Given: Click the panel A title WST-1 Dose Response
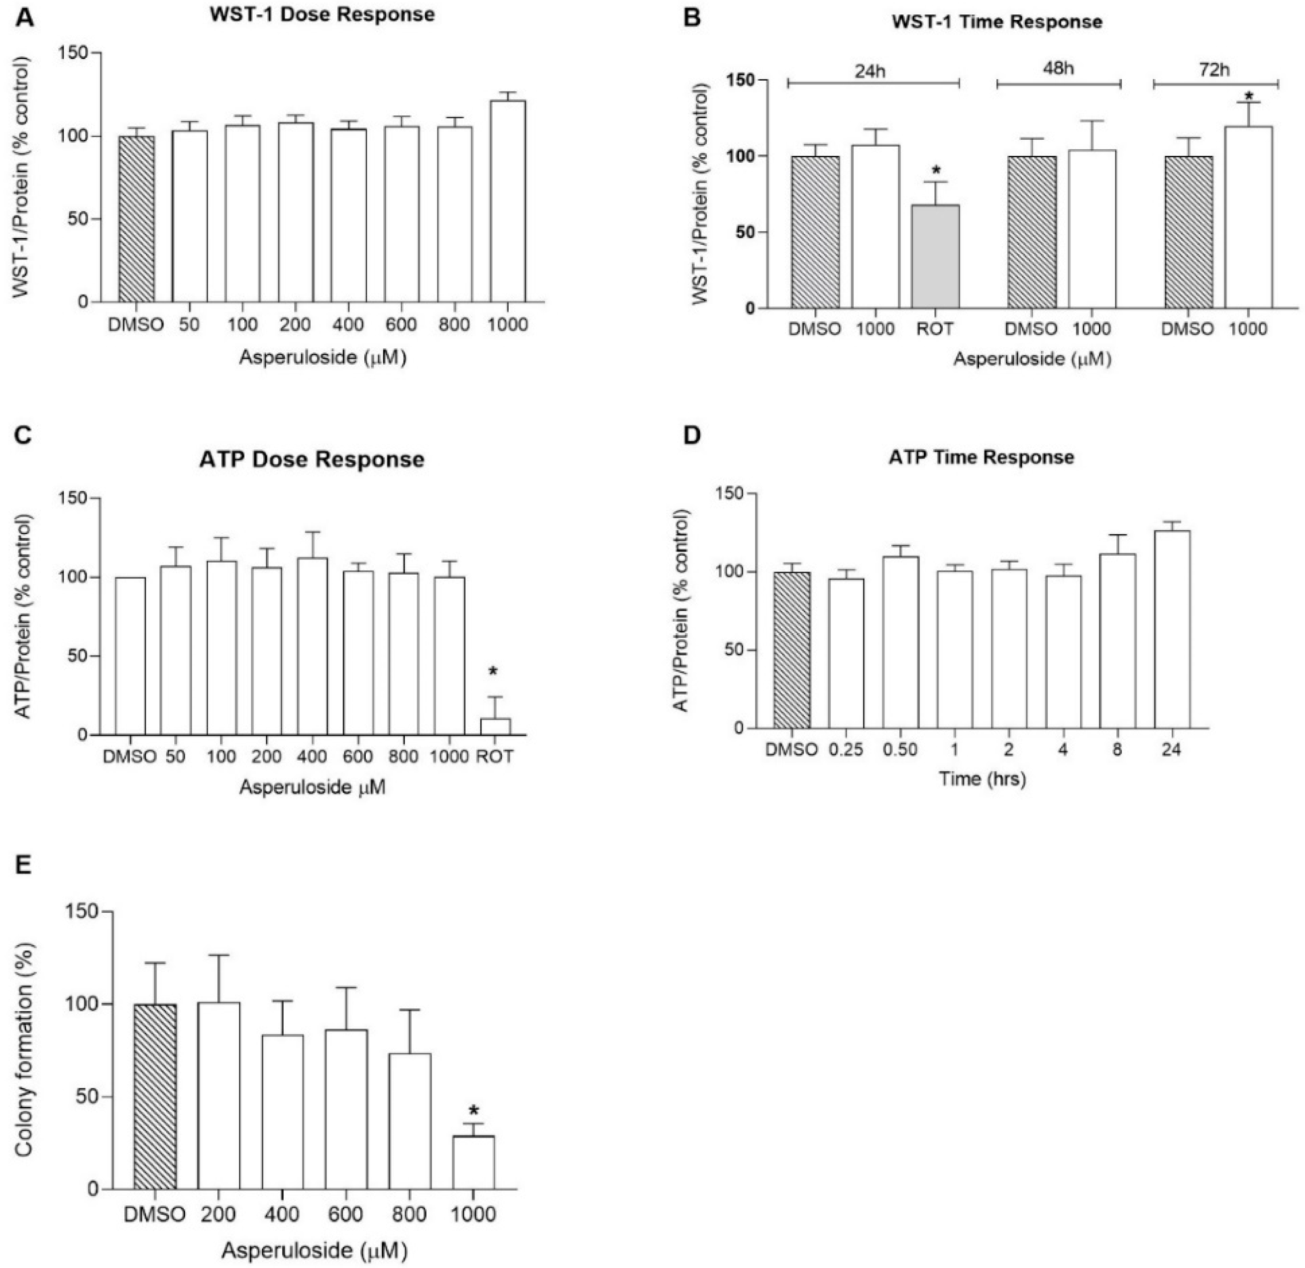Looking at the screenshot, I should (x=322, y=14).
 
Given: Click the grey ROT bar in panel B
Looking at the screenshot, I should (x=935, y=256).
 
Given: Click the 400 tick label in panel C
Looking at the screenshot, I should (x=312, y=757).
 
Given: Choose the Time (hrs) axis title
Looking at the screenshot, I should (x=982, y=779).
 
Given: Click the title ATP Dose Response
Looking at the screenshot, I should (x=312, y=460).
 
